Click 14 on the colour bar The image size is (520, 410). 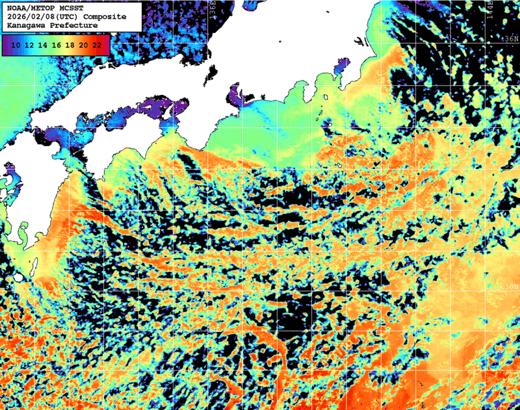click(43, 45)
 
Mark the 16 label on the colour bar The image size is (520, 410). click(57, 45)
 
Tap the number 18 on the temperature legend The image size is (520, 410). click(70, 45)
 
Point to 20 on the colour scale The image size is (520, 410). click(83, 45)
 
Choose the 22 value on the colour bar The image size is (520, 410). click(97, 45)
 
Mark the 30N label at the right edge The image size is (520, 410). click(512, 287)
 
